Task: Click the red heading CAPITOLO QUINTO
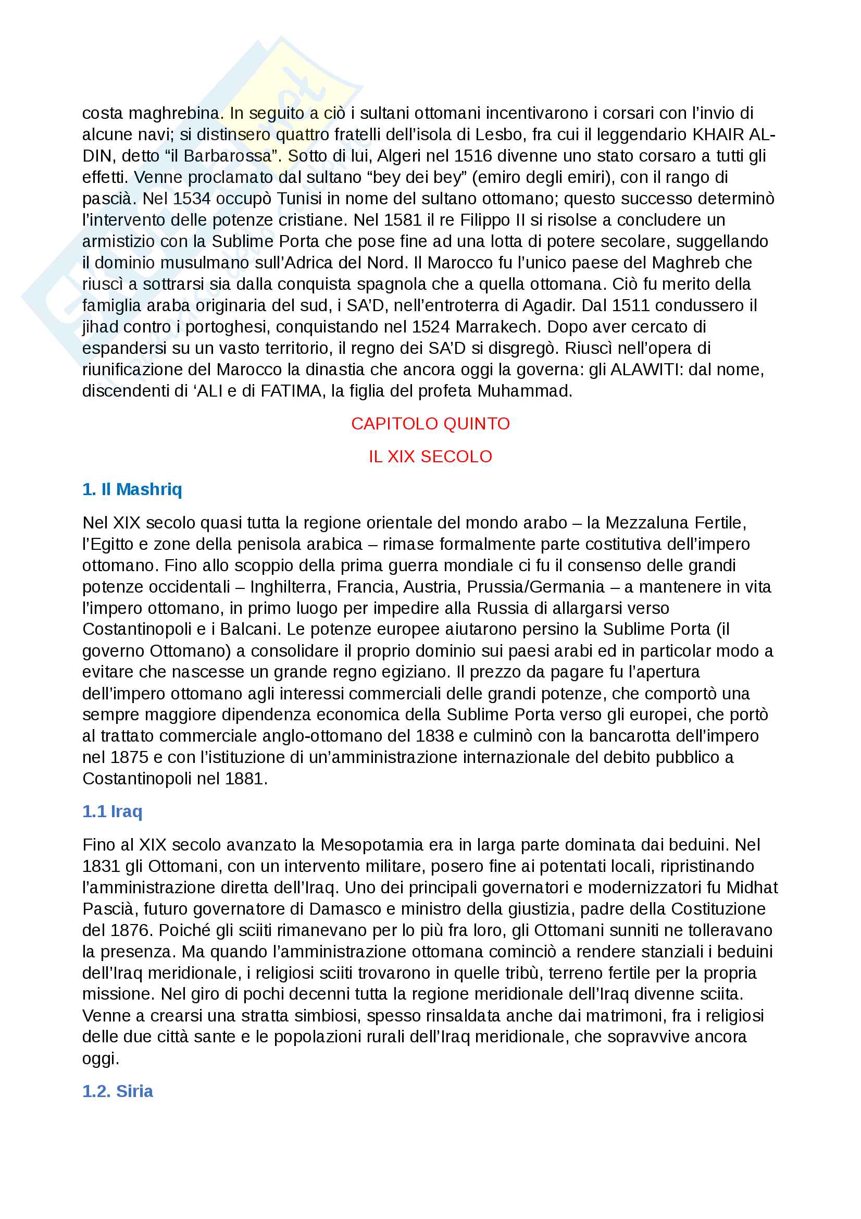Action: pos(430,424)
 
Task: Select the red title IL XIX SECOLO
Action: pos(430,457)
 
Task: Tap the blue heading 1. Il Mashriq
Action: pos(132,489)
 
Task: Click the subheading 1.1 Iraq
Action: pos(113,812)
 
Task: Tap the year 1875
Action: pos(130,758)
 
